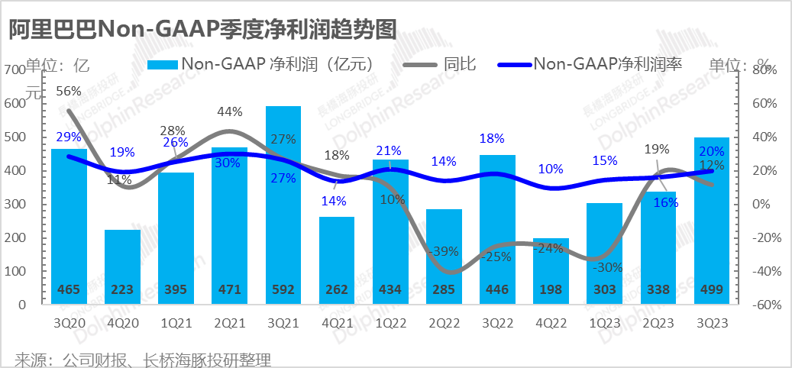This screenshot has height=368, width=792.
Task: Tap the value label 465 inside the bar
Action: pos(69,290)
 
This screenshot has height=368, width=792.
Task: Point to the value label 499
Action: pos(711,290)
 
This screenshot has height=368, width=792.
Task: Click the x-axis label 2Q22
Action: pos(444,322)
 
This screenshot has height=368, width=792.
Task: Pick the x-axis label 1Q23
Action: pos(604,322)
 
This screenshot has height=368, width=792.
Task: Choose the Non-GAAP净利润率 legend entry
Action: pos(607,64)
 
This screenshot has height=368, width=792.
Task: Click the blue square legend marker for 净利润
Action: pos(162,64)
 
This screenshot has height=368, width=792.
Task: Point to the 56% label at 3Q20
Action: pos(69,91)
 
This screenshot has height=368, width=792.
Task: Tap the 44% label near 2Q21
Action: pos(230,111)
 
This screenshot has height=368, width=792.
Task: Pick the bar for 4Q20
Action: pos(122,266)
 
